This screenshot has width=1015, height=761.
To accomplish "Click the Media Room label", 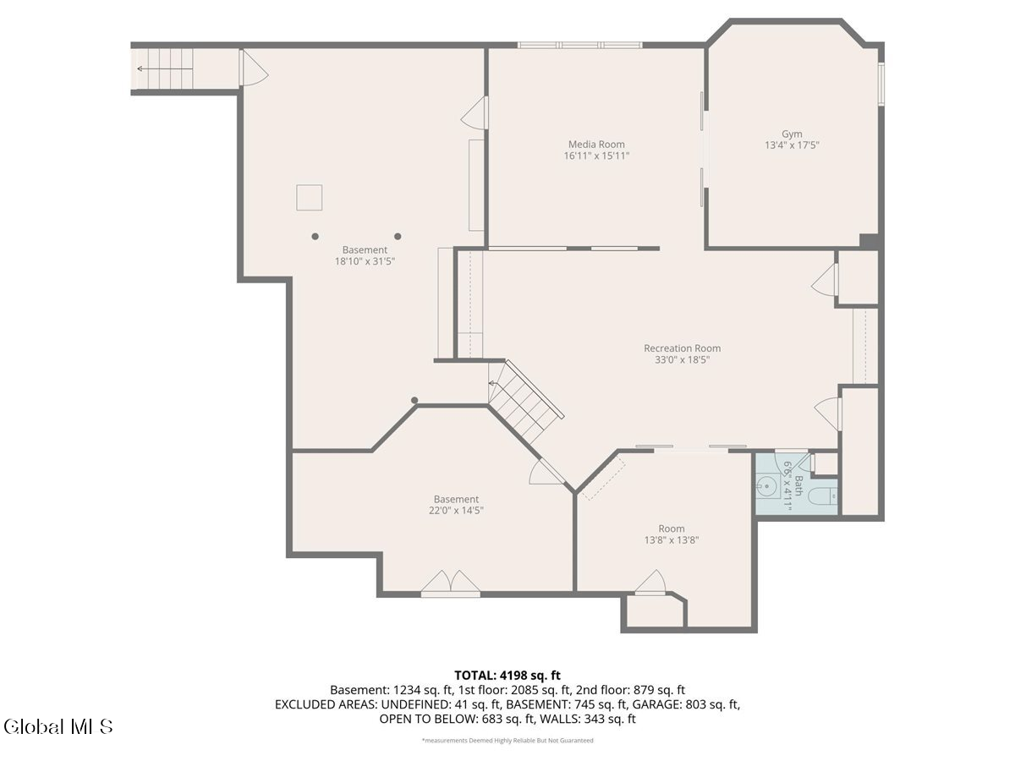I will [596, 145].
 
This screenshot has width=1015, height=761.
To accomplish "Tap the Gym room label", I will [792, 134].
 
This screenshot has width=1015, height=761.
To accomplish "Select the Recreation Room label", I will [682, 348].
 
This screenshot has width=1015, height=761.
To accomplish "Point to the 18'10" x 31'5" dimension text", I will [365, 262].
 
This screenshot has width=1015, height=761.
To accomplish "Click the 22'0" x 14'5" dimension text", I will [456, 511].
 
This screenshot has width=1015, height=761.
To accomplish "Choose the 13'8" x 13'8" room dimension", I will [671, 540].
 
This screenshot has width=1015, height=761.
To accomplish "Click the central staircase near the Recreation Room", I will [524, 402].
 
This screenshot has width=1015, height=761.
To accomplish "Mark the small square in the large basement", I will [309, 197].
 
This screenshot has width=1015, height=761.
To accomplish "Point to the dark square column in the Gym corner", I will [870, 241].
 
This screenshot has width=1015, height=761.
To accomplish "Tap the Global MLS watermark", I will [58, 726].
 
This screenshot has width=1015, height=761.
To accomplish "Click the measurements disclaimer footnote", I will [507, 741].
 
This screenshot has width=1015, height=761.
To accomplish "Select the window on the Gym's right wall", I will [881, 85].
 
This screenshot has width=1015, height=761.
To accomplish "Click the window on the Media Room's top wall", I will [579, 45].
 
